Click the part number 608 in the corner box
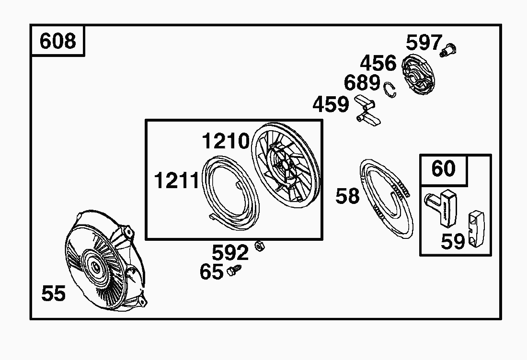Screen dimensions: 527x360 click(58, 41)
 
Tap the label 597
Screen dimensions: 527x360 click(424, 43)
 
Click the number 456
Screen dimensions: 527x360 click(378, 63)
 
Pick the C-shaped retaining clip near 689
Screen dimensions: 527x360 click(390, 90)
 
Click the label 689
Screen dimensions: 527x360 click(362, 83)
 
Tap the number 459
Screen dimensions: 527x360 click(331, 104)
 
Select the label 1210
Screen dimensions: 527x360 click(226, 141)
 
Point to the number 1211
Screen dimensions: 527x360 click(177, 180)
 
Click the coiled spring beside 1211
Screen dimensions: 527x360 click(232, 193)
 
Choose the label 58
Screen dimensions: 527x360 click(347, 196)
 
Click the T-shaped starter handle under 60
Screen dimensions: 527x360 click(441, 208)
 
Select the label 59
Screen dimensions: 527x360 click(453, 241)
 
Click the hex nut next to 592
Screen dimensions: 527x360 click(260, 246)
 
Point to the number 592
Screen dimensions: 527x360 click(230, 253)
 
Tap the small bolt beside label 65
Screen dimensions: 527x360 click(234, 270)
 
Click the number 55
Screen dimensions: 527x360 click(54, 293)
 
